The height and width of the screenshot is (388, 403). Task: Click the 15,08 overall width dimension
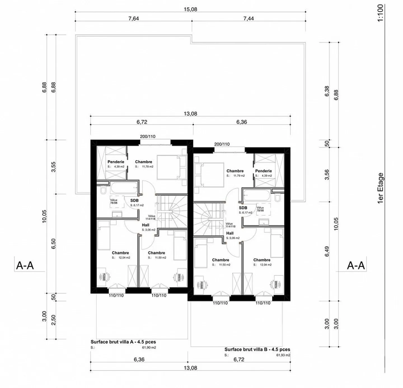pyautogui.click(x=190, y=9)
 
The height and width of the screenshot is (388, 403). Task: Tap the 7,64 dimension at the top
pyautogui.click(x=133, y=18)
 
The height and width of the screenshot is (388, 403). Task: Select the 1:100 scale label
pyautogui.click(x=380, y=13)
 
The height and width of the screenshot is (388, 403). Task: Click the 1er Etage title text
pyautogui.click(x=380, y=188)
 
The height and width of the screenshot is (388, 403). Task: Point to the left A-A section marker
pyautogui.click(x=25, y=265)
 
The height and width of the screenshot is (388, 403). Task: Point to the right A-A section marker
pyautogui.click(x=356, y=265)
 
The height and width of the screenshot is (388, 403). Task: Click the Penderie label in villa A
pyautogui.click(x=116, y=162)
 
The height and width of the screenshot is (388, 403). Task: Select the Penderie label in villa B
pyautogui.click(x=263, y=171)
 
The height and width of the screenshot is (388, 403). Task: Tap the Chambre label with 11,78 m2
pyautogui.click(x=144, y=162)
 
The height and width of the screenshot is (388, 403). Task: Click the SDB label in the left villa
pyautogui.click(x=134, y=200)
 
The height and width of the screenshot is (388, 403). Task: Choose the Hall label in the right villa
pyautogui.click(x=230, y=233)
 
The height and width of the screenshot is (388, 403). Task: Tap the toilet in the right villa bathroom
pyautogui.click(x=277, y=198)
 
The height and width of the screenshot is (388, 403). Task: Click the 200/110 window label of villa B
pyautogui.click(x=222, y=144)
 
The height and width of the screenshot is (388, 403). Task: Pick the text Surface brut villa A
pyautogui.click(x=123, y=342)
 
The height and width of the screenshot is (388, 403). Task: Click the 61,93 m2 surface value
pyautogui.click(x=283, y=355)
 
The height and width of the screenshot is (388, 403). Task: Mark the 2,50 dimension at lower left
pyautogui.click(x=54, y=320)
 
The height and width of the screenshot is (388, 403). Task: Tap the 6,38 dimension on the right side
pyautogui.click(x=327, y=91)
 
